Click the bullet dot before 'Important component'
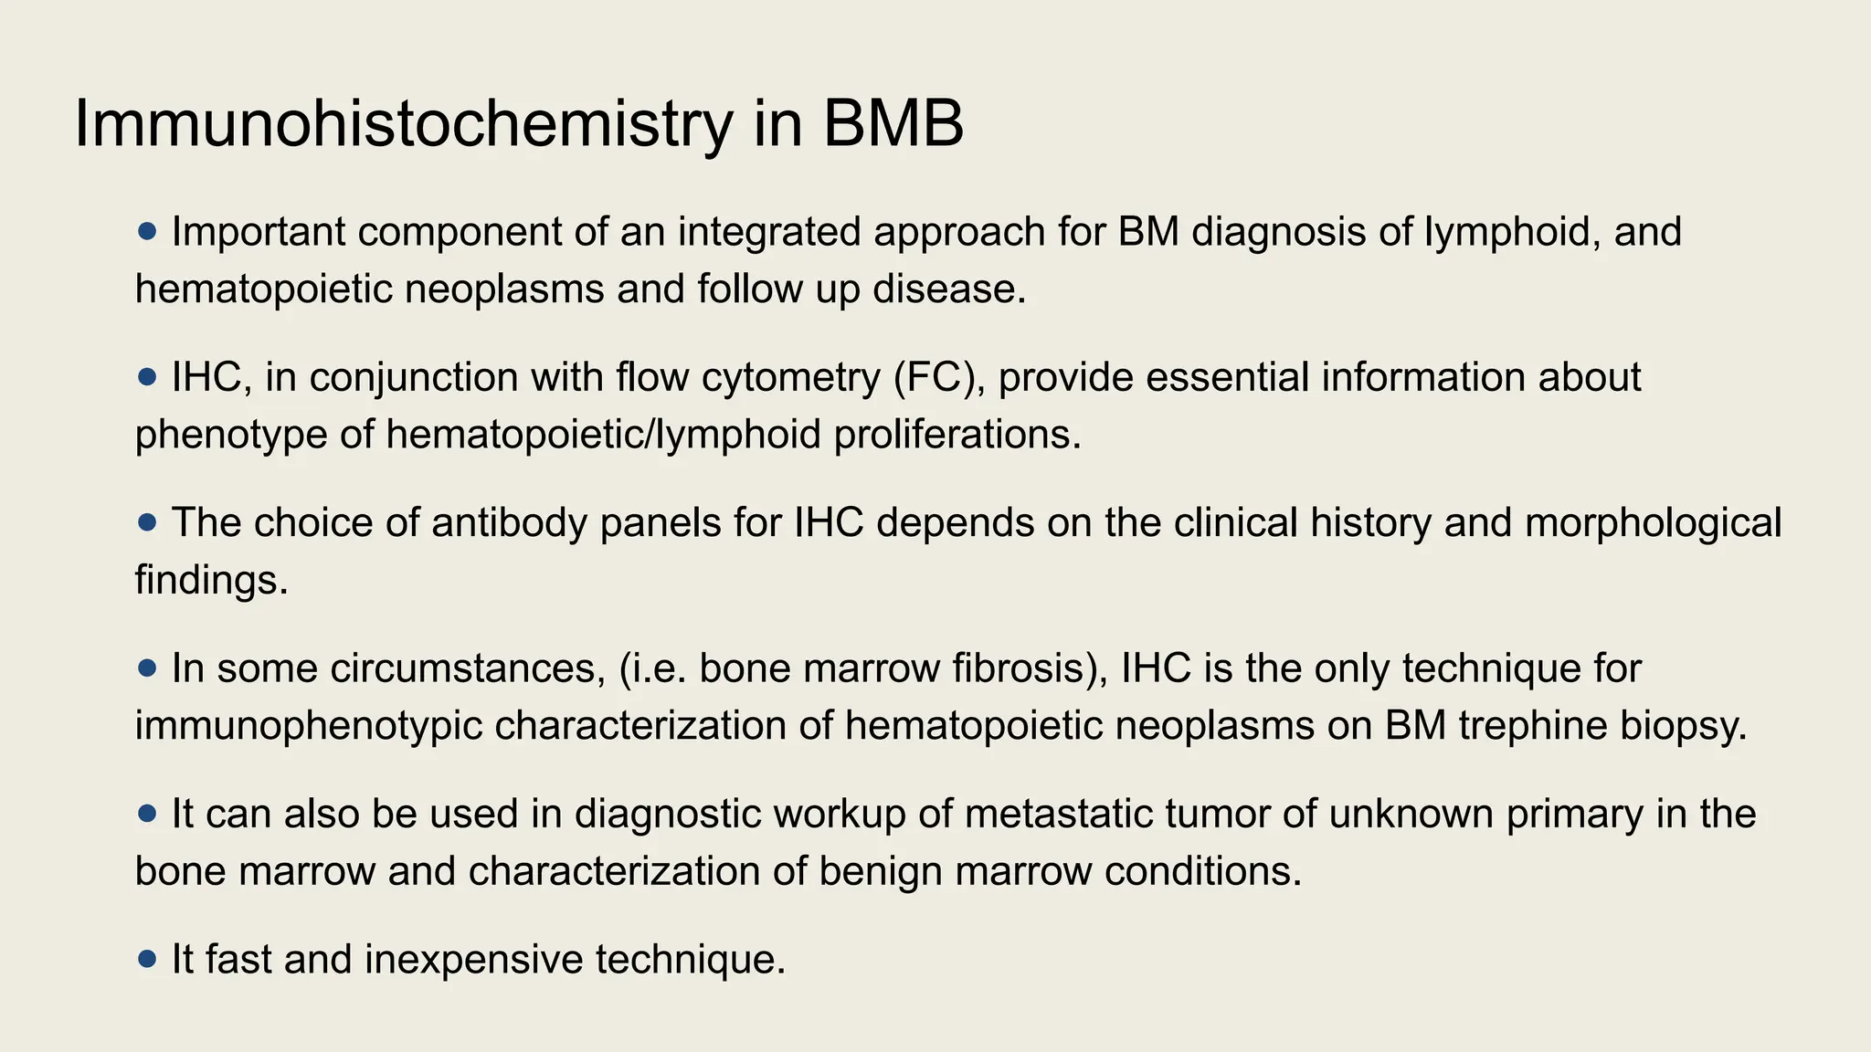pyautogui.click(x=147, y=232)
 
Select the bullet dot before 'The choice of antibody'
pyautogui.click(x=147, y=523)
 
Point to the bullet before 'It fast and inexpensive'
pyautogui.click(x=147, y=960)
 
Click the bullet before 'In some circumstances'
pyautogui.click(x=147, y=668)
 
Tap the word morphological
pyautogui.click(x=1654, y=523)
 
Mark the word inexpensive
pyautogui.click(x=473, y=960)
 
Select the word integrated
pyautogui.click(x=769, y=232)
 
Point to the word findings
pyautogui.click(x=211, y=580)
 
